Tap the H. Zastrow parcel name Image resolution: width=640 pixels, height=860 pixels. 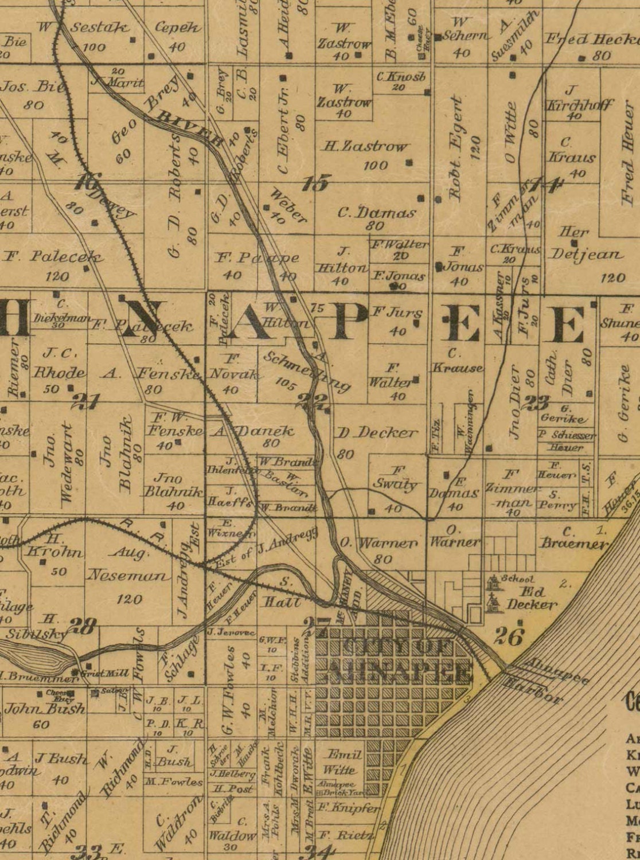point(365,147)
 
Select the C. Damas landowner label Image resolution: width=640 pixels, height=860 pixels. point(376,213)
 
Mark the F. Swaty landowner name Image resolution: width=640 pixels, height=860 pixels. point(396,478)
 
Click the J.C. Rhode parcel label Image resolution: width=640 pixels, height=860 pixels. point(59,363)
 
